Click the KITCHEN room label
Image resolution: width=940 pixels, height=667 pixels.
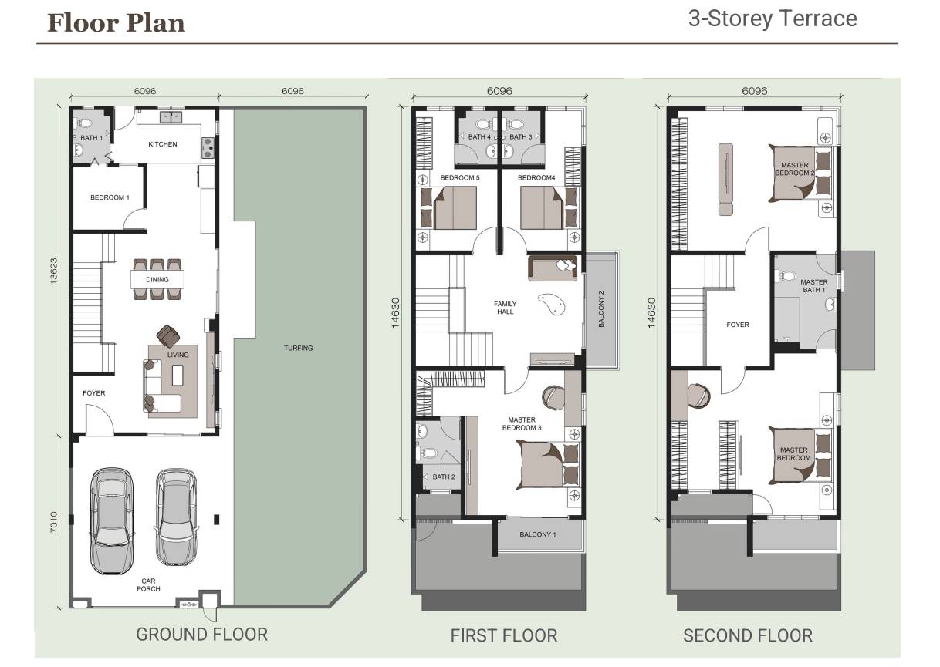[162, 144]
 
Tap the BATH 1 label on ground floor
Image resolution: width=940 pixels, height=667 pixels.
[91, 138]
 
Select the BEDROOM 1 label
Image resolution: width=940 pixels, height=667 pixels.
[110, 197]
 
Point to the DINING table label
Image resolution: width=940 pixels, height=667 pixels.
[157, 280]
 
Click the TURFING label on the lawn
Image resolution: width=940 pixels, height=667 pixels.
[298, 348]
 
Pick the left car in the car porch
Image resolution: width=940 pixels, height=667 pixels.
[112, 520]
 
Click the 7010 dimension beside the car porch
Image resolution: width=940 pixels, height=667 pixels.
[54, 522]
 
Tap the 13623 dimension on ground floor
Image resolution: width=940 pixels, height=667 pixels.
[54, 271]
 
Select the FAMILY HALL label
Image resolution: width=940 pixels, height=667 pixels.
[505, 308]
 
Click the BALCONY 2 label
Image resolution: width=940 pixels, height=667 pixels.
[601, 309]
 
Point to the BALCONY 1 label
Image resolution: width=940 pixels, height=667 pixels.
[538, 534]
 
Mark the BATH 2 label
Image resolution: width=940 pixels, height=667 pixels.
[444, 477]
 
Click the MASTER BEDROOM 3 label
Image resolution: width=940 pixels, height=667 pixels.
[522, 424]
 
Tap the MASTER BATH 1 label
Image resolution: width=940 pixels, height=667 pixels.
[813, 286]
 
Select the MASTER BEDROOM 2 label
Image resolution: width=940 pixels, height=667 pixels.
[794, 169]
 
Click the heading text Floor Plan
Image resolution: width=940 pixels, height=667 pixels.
[116, 23]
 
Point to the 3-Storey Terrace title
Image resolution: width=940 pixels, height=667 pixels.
[773, 19]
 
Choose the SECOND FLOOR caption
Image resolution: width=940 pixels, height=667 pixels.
[747, 635]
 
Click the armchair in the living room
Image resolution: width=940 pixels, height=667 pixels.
[168, 335]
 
